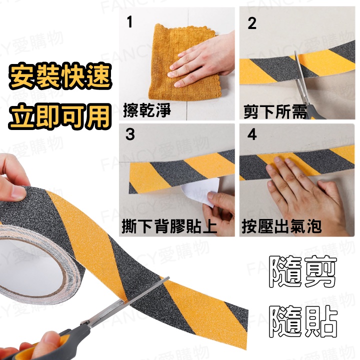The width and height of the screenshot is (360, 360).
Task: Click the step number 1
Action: click(x=129, y=22)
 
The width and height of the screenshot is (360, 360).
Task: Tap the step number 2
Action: click(x=252, y=23)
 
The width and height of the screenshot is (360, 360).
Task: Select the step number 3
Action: click(x=130, y=134)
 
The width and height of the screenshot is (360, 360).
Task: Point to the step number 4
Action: click(x=252, y=134)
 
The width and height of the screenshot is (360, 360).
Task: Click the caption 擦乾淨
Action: click(x=147, y=110)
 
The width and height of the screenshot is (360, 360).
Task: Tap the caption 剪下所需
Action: click(x=275, y=112)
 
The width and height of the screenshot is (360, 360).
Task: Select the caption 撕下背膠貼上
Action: click(x=169, y=226)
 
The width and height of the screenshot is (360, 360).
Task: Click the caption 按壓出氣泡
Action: click(x=281, y=226)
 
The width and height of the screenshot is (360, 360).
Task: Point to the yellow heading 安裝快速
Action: click(x=60, y=76)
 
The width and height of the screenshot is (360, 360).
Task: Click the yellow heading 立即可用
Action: click(x=60, y=116)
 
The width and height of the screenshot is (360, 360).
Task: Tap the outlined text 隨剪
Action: click(x=302, y=271)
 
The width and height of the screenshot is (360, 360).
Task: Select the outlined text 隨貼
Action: click(x=302, y=321)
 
